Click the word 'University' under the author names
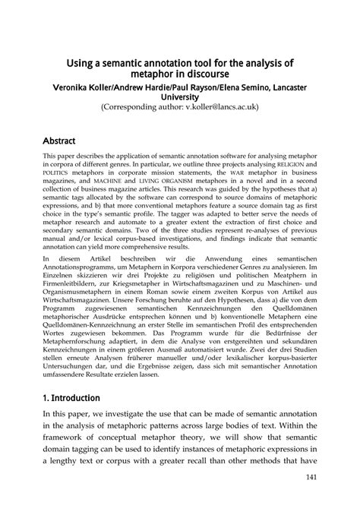click(179, 97)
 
